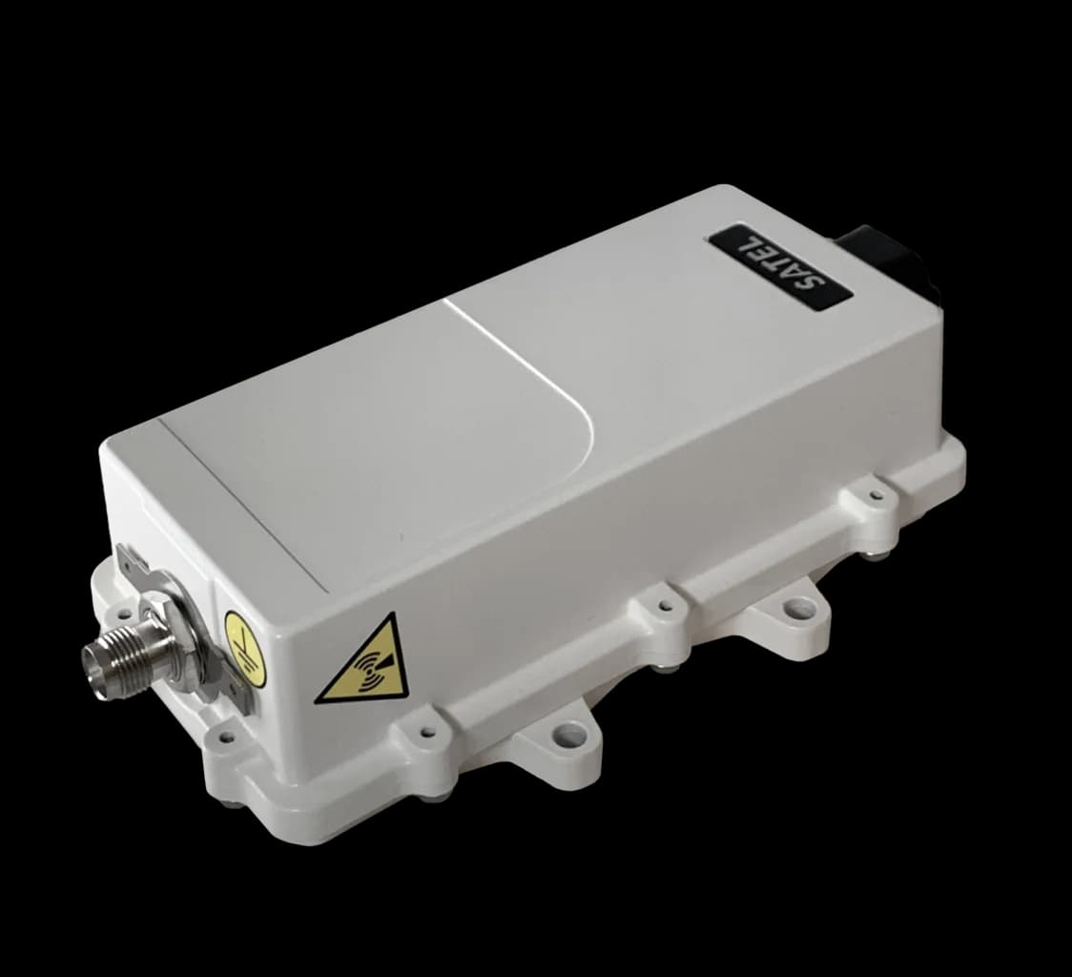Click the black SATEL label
click(x=780, y=268)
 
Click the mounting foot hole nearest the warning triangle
click(x=569, y=734)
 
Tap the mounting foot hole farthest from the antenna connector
click(x=797, y=607)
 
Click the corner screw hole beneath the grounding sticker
click(x=225, y=737)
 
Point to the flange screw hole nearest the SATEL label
click(x=876, y=495)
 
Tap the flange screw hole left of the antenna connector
click(x=121, y=612)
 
